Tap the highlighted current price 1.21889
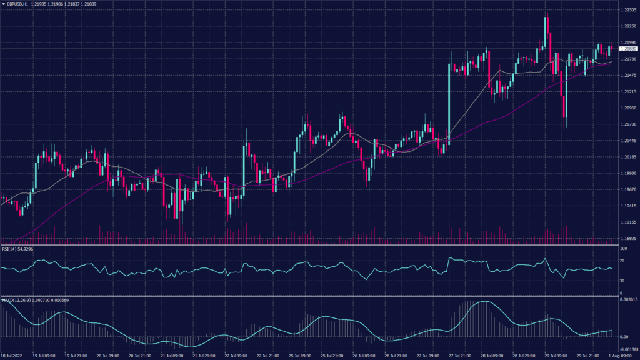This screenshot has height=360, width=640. (x=627, y=49)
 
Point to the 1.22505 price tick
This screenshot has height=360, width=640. (x=627, y=11)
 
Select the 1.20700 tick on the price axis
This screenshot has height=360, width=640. (x=627, y=124)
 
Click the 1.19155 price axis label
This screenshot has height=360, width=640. (x=627, y=222)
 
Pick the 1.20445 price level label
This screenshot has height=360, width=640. (x=627, y=141)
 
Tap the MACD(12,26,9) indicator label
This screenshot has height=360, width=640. (x=19, y=301)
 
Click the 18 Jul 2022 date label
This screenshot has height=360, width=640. (x=14, y=356)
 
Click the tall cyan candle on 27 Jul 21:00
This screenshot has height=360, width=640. (x=449, y=100)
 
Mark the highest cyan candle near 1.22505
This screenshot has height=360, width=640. (x=546, y=31)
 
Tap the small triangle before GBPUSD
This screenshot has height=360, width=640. (x=4, y=4)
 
